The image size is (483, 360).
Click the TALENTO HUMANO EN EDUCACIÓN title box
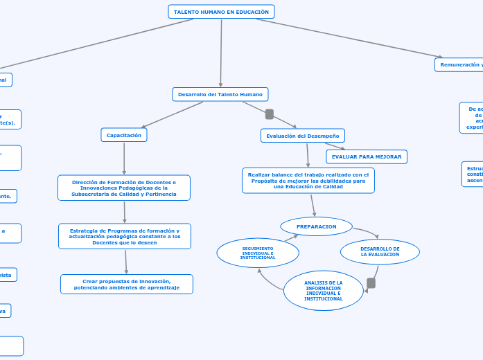(221, 12)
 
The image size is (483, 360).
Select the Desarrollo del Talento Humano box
(220, 94)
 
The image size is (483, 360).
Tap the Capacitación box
(124, 136)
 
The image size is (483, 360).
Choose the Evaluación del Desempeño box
(302, 136)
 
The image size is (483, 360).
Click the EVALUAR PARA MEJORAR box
(366, 157)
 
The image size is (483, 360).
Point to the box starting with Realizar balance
(308, 181)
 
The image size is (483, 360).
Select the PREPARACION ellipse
(316, 226)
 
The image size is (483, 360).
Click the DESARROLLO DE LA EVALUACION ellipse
(380, 252)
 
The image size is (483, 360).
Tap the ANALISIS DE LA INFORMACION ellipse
(323, 291)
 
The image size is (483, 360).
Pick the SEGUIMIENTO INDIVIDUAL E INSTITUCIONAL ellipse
(258, 253)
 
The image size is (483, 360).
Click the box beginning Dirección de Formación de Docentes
(124, 188)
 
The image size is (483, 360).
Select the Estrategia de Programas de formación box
(125, 236)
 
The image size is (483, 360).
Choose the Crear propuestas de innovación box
(126, 284)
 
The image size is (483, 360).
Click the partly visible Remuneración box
(459, 64)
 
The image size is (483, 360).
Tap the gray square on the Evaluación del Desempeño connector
(270, 114)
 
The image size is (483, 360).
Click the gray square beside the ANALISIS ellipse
(371, 283)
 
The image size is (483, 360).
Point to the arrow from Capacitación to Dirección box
(124, 159)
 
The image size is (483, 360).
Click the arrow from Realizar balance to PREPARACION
(313, 205)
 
